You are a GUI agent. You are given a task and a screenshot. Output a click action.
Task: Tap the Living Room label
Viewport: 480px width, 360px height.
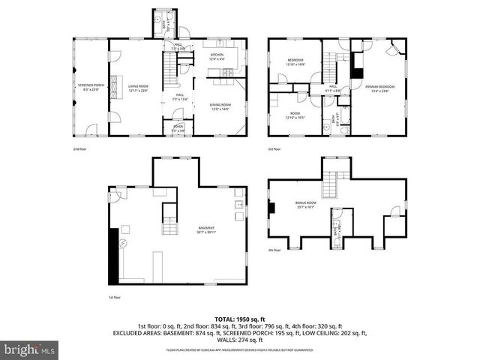coord(137,88)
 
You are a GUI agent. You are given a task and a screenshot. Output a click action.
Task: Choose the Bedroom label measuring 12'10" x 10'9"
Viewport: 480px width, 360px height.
coord(295,61)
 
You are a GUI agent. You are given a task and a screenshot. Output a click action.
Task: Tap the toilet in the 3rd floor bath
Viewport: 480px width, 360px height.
coord(342,130)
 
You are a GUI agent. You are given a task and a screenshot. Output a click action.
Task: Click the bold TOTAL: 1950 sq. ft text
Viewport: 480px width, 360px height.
coord(240,319)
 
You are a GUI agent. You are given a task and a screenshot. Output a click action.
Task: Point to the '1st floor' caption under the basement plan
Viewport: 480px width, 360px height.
coord(115,297)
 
